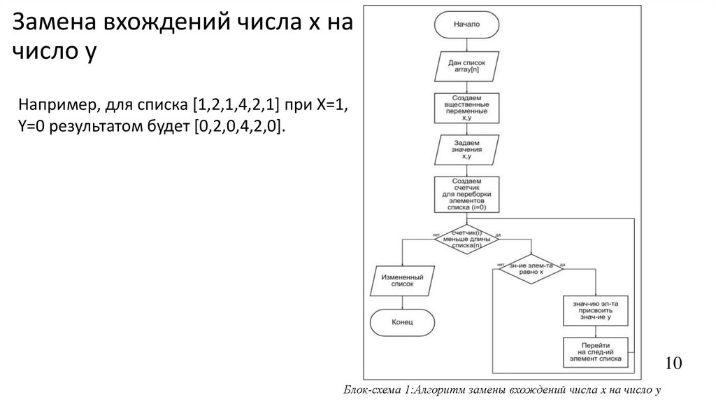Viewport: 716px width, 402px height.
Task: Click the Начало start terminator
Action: tap(467, 25)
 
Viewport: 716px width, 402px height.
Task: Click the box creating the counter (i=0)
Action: tap(467, 195)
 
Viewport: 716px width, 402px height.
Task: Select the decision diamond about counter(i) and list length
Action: tap(467, 240)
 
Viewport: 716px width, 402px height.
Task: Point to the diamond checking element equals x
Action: tap(531, 270)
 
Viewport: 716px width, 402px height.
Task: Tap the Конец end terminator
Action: tap(401, 323)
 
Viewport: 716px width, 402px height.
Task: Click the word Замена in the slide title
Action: tap(53, 22)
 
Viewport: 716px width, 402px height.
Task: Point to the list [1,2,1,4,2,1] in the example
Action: tap(234, 105)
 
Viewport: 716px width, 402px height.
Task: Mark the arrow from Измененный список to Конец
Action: tap(401, 303)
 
